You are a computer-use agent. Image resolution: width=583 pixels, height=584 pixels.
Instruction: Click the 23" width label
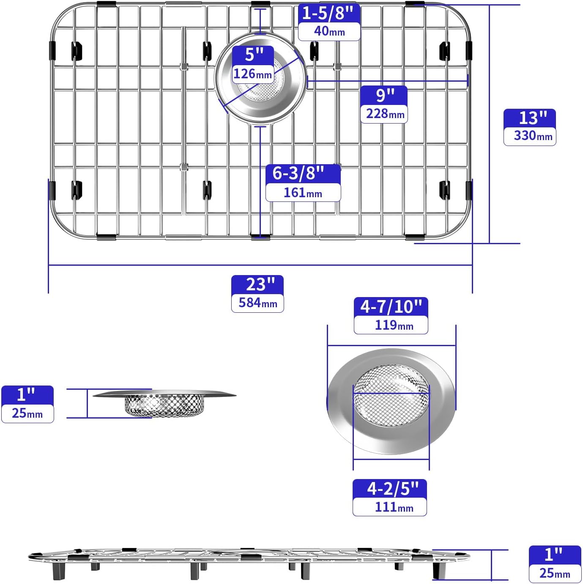click(257, 284)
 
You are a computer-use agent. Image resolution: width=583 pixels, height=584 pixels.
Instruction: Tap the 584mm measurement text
click(257, 303)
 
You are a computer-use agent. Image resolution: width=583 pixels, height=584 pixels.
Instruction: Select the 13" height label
click(530, 118)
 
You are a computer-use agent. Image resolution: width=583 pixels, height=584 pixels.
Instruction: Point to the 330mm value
click(530, 136)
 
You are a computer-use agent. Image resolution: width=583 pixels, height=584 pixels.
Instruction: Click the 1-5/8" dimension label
click(329, 13)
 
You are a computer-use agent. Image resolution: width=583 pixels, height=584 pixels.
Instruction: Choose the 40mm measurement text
click(329, 31)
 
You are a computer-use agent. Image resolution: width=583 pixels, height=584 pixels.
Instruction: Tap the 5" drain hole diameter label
click(253, 55)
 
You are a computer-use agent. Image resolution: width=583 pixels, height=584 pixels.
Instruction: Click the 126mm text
click(253, 74)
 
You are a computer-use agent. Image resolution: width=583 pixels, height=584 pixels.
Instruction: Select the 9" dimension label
click(384, 95)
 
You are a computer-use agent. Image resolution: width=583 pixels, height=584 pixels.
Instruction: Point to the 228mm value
click(384, 114)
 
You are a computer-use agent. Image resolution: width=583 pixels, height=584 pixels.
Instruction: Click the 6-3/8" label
click(303, 173)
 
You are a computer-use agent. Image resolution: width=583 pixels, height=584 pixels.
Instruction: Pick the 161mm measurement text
click(303, 193)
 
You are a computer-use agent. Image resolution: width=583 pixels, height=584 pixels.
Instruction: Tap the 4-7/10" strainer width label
click(391, 306)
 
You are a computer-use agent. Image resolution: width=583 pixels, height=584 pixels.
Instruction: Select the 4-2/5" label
click(390, 488)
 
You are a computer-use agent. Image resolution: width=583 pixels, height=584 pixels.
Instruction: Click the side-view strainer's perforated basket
click(164, 405)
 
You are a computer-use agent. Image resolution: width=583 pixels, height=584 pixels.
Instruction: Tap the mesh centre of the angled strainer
click(391, 396)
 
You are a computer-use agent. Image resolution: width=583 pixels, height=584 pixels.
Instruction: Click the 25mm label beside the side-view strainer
click(27, 413)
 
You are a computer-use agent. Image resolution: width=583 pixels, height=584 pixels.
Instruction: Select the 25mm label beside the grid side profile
click(555, 573)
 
